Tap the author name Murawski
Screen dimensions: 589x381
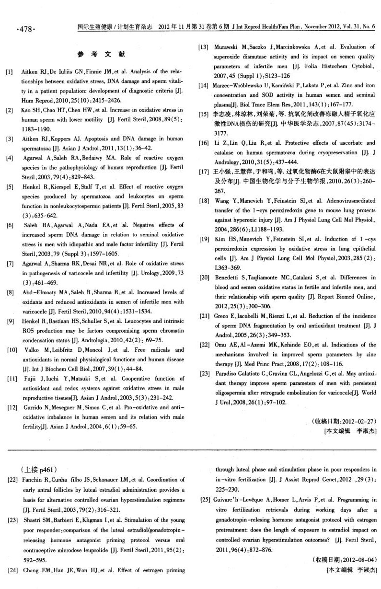[226, 47]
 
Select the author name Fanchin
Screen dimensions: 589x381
[34, 480]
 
